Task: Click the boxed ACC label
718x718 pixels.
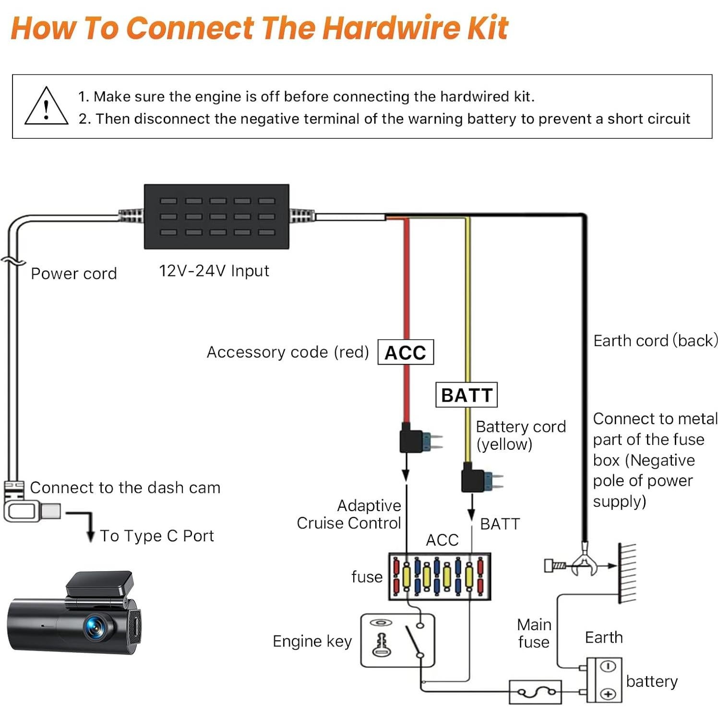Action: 406,352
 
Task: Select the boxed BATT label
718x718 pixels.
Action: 466,395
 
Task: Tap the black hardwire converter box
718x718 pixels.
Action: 216,216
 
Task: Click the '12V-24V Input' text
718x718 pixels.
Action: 214,271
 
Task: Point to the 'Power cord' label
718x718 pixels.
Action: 73,274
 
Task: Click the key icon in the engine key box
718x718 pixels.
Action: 382,645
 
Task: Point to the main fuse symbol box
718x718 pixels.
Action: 535,692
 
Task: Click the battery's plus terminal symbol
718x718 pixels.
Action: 609,694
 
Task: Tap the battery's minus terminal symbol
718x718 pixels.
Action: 609,667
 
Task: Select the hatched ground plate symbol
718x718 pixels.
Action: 627,573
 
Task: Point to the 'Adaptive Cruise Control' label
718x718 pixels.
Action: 349,514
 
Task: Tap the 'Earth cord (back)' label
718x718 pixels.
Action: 655,341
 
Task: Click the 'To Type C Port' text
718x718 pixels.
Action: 156,536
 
